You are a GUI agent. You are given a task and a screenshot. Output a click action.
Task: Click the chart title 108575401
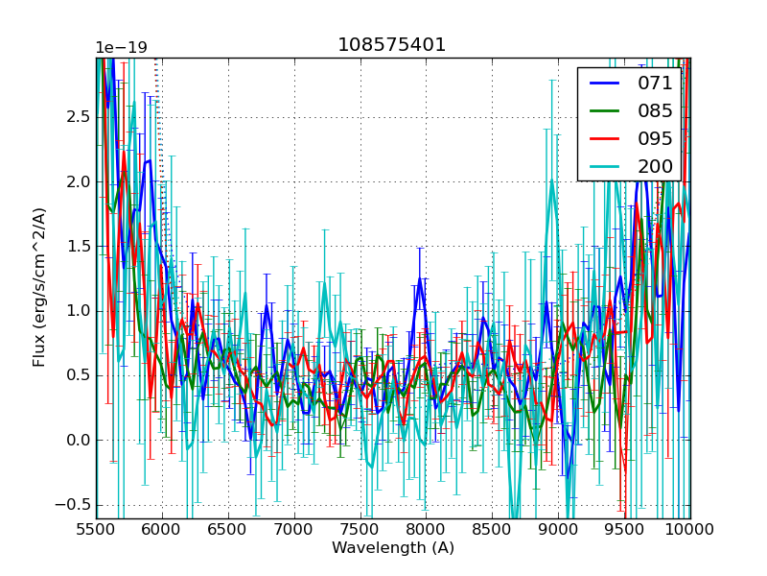(x=392, y=45)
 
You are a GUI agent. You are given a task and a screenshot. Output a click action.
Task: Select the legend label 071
(x=655, y=84)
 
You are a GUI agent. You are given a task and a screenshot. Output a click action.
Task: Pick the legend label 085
(x=655, y=111)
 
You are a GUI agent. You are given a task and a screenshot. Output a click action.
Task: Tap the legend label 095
(x=655, y=139)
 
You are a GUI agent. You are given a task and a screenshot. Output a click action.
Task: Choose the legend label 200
(x=655, y=167)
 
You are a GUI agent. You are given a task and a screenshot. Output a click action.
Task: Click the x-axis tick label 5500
(x=96, y=530)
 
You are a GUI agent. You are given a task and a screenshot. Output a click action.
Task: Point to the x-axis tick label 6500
(x=228, y=530)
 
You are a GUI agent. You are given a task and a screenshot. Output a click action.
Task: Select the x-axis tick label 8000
(x=426, y=530)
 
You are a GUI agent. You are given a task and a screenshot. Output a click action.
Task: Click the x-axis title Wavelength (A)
(x=393, y=548)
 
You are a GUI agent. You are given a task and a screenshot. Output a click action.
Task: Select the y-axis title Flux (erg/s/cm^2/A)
(x=39, y=288)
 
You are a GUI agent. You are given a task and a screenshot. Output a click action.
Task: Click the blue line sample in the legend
(x=603, y=84)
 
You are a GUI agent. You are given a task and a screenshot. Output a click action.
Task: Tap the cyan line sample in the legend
(x=603, y=167)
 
